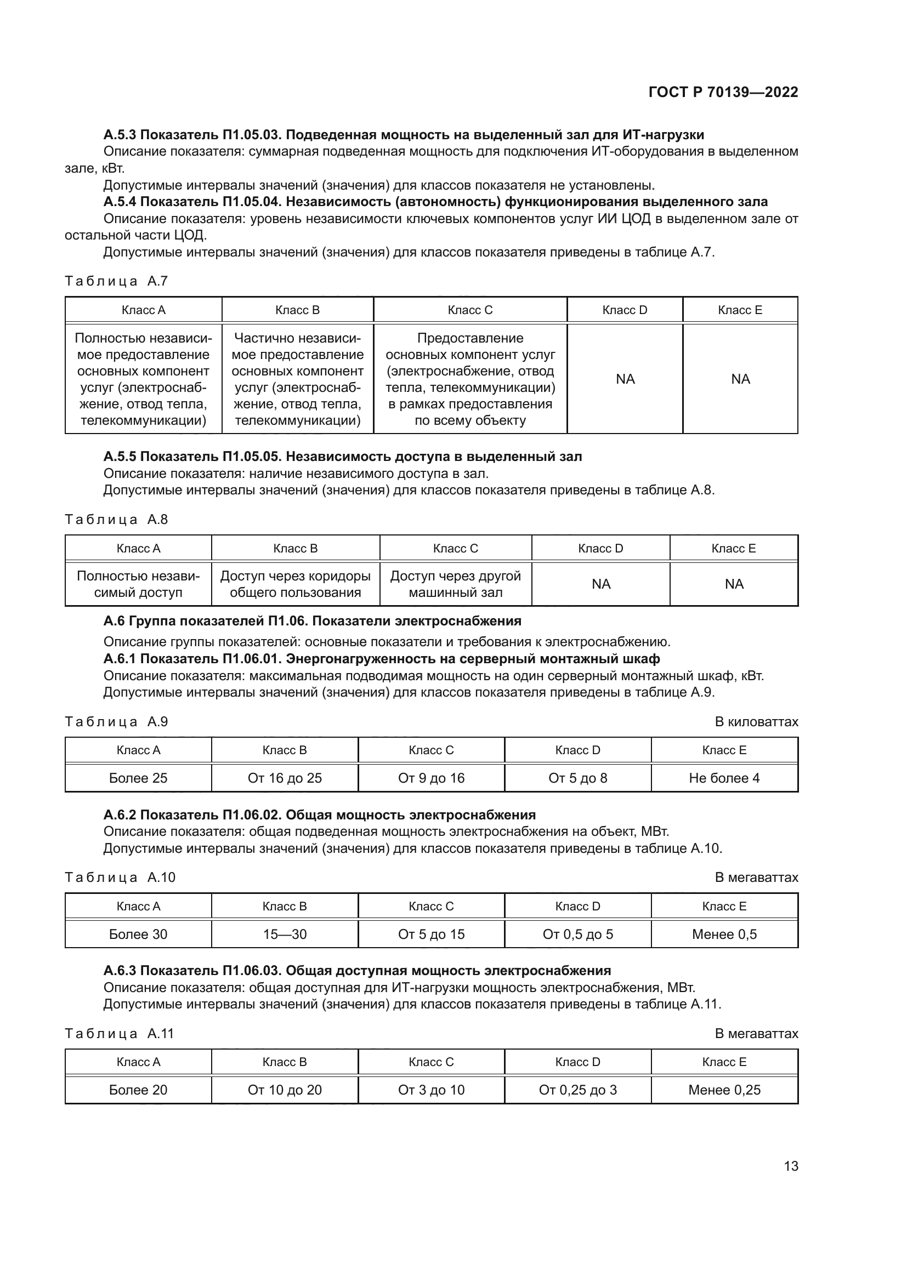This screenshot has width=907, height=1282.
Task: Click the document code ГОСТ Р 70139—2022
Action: coord(723,92)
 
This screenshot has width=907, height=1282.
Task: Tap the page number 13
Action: coord(791,1166)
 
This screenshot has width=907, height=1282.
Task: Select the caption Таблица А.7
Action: coord(116,281)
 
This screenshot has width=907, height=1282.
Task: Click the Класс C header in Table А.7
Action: coord(470,310)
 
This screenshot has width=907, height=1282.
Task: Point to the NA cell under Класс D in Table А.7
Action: coord(625,379)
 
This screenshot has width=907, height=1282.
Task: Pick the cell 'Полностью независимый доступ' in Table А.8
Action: coord(138,584)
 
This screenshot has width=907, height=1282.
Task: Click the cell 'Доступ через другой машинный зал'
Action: coord(455,584)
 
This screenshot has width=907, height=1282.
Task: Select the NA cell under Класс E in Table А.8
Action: coord(733,584)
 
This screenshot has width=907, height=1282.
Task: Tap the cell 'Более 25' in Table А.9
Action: coord(138,778)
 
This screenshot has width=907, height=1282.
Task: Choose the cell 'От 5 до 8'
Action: coord(577,778)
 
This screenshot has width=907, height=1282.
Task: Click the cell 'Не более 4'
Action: coord(724,778)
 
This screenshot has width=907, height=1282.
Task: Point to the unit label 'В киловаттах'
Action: coord(756,722)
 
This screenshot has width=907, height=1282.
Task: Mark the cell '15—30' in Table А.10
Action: coord(285,934)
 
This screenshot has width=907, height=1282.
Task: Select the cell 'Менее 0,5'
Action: coord(724,934)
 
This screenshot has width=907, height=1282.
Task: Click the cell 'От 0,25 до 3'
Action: coord(577,1090)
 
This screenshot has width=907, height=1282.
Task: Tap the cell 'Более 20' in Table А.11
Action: coord(138,1090)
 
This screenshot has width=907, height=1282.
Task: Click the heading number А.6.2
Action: coord(120,814)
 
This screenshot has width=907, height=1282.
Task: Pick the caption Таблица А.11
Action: coord(120,1034)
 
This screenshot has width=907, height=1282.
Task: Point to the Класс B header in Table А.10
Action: coord(285,906)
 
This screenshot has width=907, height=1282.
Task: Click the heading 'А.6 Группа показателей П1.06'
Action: coord(312,621)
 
